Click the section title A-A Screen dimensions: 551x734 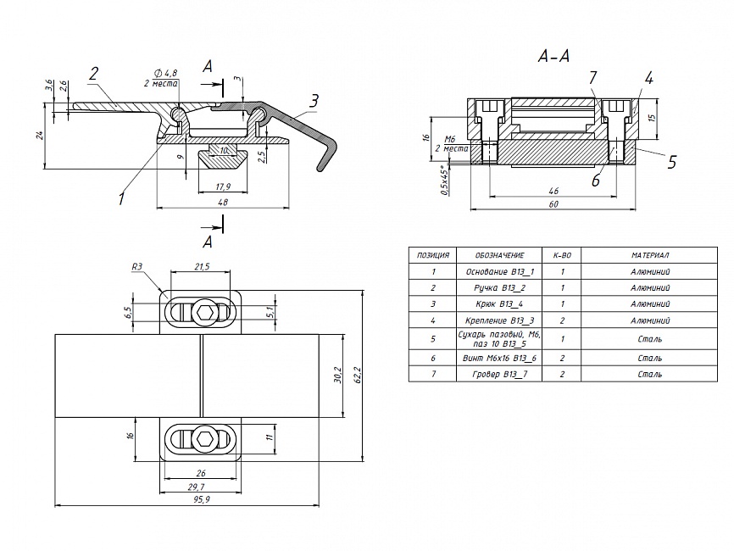(x=553, y=57)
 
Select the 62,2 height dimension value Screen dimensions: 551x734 (x=359, y=373)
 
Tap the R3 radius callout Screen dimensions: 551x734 (x=138, y=266)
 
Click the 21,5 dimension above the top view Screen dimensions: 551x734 (x=202, y=266)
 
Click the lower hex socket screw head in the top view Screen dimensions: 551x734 (x=202, y=439)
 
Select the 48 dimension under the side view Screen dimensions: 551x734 (x=224, y=203)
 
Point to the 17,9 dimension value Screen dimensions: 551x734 (x=223, y=186)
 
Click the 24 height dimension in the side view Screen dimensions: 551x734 (x=40, y=136)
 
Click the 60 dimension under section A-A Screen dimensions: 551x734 (x=553, y=203)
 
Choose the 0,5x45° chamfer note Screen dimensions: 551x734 (x=447, y=181)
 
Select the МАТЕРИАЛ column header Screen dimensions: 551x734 (x=650, y=255)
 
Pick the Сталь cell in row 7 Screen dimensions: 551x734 (x=650, y=374)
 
